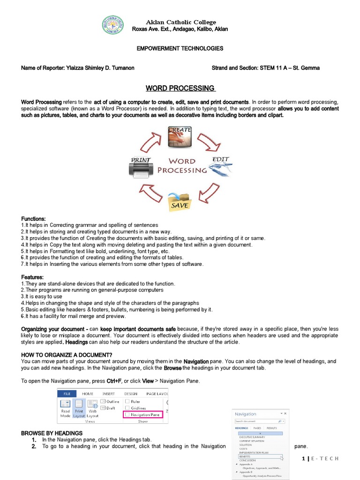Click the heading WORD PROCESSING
point(180,88)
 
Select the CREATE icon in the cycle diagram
point(180,136)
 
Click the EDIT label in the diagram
point(220,160)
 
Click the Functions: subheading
point(33,219)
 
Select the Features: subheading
point(32,277)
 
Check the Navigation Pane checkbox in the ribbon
point(127,415)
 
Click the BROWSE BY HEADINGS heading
point(52,433)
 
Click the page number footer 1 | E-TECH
point(320,458)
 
